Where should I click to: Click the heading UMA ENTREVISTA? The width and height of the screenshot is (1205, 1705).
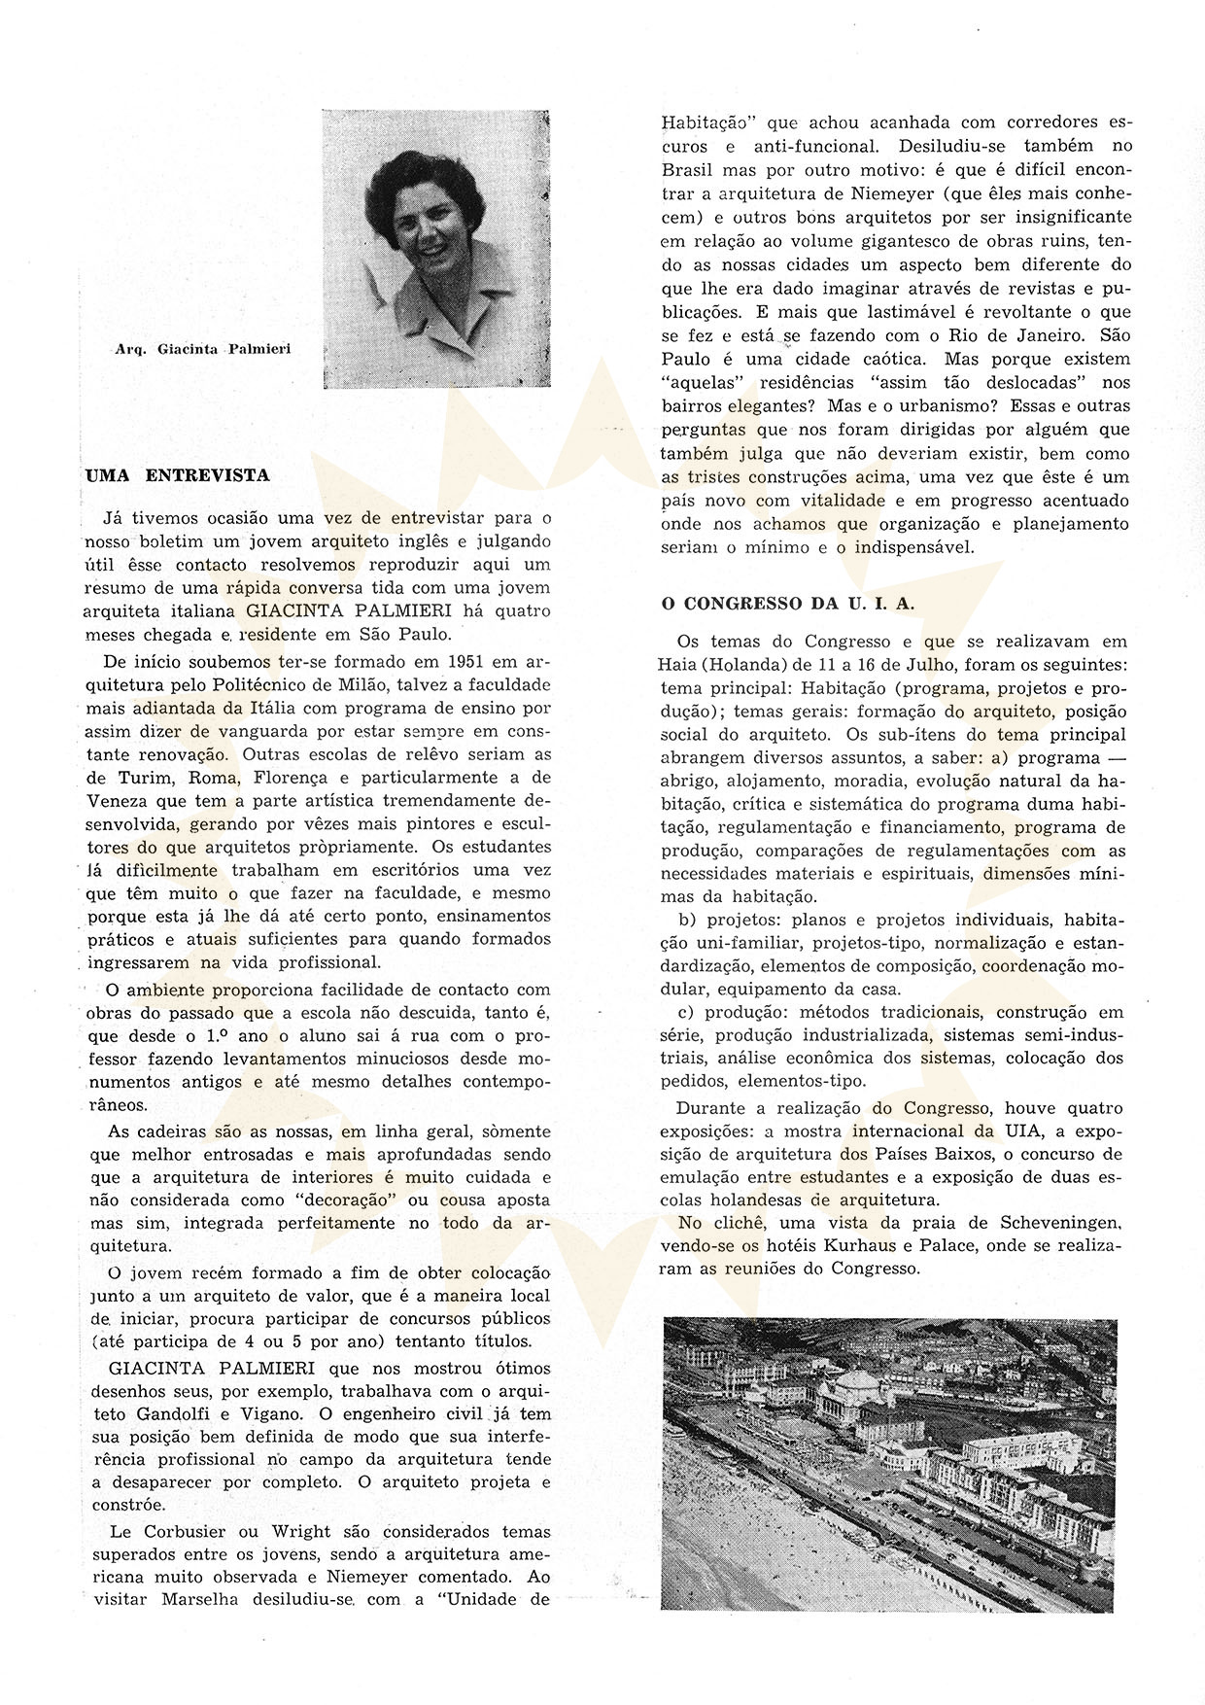(x=179, y=476)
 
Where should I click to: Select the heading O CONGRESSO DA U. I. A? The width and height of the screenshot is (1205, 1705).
(x=787, y=603)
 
